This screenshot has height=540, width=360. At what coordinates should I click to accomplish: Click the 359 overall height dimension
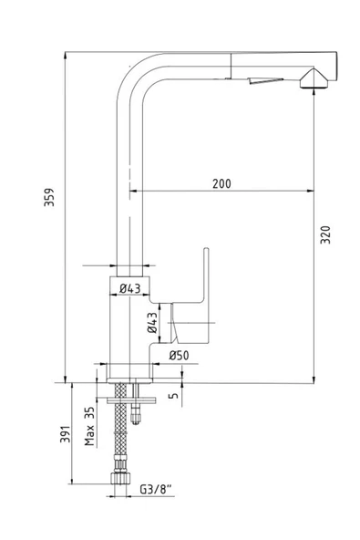click(x=49, y=197)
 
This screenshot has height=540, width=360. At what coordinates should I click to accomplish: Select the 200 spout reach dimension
click(x=221, y=183)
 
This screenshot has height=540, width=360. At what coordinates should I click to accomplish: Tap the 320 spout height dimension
click(x=325, y=234)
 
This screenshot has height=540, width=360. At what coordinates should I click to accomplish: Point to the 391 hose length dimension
click(x=66, y=434)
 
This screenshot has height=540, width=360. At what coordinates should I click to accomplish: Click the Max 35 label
click(x=89, y=426)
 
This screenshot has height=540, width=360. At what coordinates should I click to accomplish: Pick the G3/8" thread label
click(x=156, y=489)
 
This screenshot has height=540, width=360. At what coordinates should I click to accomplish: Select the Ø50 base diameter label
click(x=179, y=355)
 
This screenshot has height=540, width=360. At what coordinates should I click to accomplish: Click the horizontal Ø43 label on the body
click(x=130, y=288)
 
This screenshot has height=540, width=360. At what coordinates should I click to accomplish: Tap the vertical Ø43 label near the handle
click(x=152, y=323)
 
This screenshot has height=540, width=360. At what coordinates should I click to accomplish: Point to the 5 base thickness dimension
click(x=174, y=395)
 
